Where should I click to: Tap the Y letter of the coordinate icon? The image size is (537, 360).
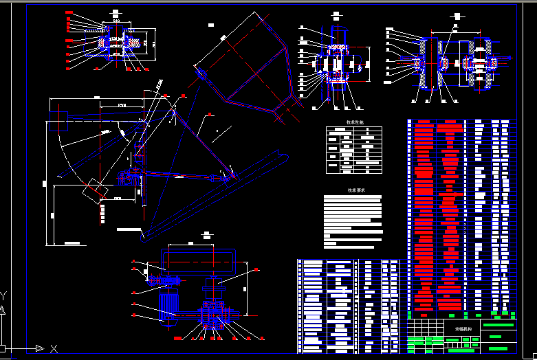point(3,296)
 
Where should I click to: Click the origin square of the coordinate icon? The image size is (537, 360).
point(3,348)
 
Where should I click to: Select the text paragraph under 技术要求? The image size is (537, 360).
point(352,221)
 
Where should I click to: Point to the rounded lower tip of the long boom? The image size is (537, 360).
point(143,238)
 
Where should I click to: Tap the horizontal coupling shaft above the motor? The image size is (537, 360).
point(165,280)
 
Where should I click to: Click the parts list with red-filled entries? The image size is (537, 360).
point(437,214)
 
